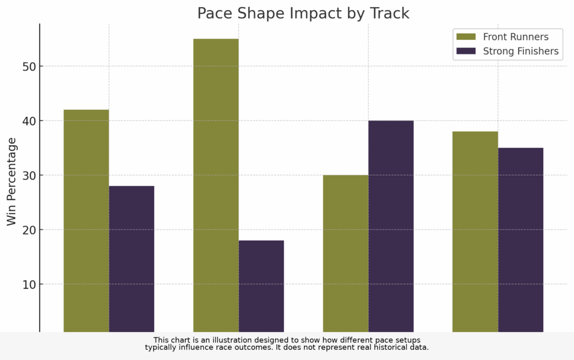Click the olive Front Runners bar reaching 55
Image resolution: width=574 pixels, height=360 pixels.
point(216,185)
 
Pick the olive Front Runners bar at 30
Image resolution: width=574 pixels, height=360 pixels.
point(345,253)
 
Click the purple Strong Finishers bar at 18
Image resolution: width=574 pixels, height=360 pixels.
point(261,286)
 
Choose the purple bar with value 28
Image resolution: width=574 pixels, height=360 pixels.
point(131,259)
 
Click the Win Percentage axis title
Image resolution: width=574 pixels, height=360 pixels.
point(12,181)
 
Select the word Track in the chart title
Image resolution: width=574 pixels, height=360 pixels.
point(389,13)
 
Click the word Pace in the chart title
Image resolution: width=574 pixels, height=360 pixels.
point(214,13)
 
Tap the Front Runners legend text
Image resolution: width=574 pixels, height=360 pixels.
point(516,37)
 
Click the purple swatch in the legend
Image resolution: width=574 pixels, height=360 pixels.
point(466,52)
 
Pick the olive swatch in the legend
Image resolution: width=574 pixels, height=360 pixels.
point(466,37)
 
